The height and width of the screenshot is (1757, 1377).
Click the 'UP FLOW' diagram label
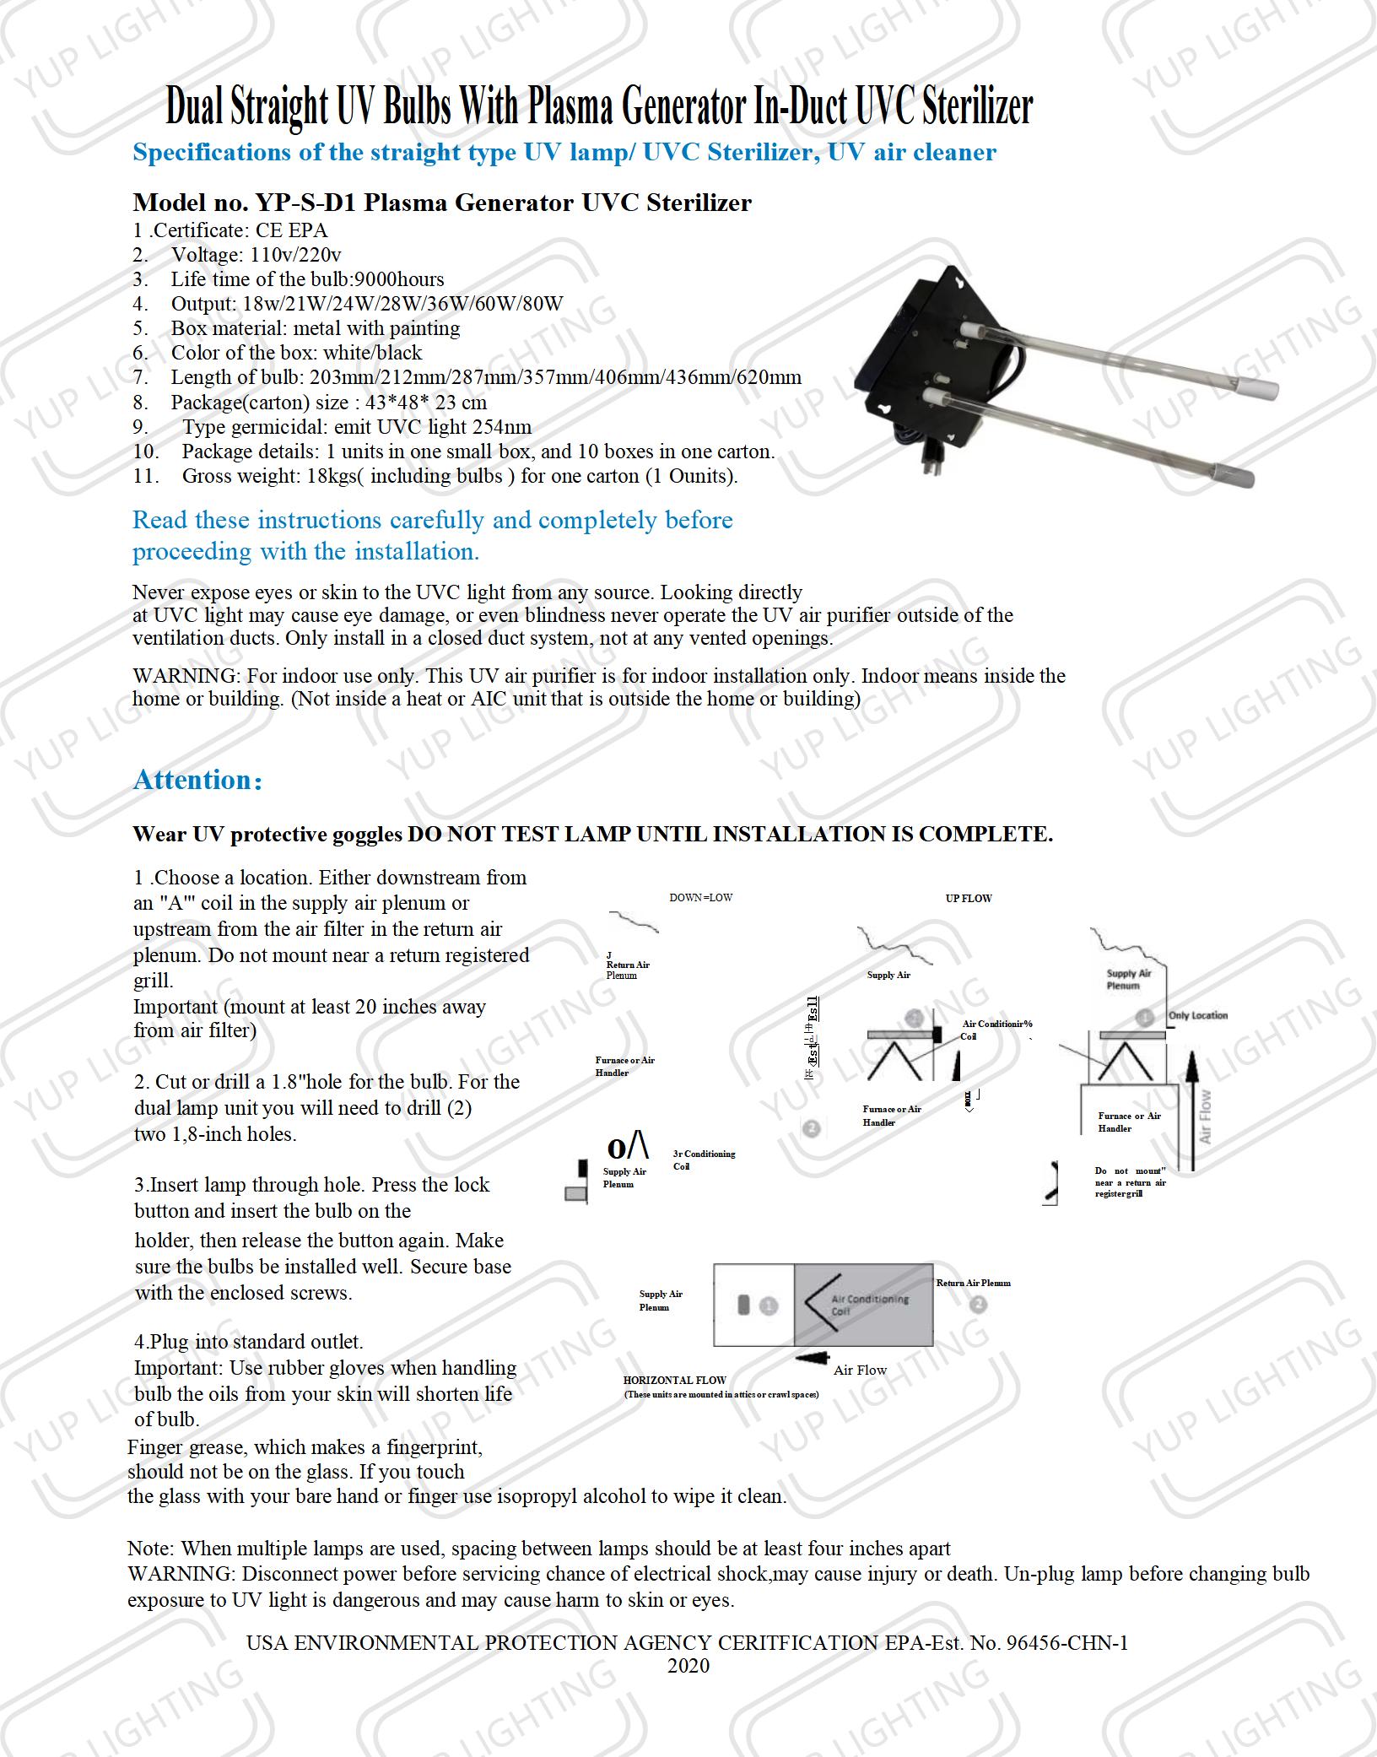(969, 899)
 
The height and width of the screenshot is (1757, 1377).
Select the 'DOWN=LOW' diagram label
(700, 898)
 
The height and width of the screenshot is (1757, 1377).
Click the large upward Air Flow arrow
(1191, 1106)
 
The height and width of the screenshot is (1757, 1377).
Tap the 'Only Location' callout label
(1197, 1015)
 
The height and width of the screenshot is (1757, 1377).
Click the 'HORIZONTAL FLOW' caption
(674, 1381)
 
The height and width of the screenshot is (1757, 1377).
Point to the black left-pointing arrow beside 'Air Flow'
(812, 1358)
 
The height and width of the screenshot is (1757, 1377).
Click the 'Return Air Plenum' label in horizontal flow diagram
(973, 1283)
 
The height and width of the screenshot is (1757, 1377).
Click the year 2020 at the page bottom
(688, 1666)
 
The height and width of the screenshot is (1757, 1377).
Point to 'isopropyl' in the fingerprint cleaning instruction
(537, 1496)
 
